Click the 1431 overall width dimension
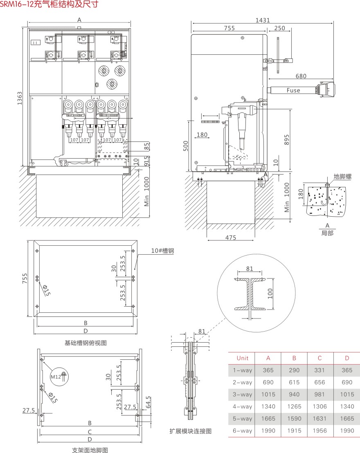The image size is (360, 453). (x=263, y=20)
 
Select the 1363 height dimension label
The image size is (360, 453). (x=19, y=98)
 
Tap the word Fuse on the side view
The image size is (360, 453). (x=293, y=90)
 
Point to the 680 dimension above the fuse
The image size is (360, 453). (x=301, y=76)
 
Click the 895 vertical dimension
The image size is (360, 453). (x=286, y=140)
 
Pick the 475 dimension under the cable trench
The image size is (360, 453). (x=231, y=238)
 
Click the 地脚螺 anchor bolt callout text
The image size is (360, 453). (x=343, y=177)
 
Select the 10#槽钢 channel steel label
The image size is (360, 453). (x=162, y=251)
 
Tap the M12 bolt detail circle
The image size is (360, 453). (x=59, y=377)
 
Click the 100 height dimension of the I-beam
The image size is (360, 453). (x=270, y=294)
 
